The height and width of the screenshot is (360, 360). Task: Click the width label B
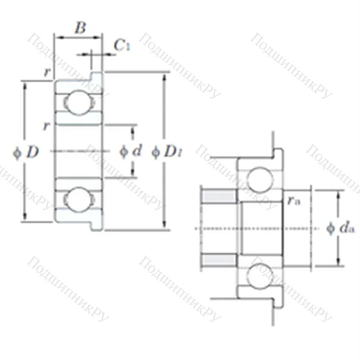(81, 28)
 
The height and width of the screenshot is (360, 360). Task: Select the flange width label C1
(122, 45)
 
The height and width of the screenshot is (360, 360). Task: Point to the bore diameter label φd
(130, 150)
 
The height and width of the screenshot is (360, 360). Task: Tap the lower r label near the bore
(47, 126)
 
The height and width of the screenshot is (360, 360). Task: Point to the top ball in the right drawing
(256, 178)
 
